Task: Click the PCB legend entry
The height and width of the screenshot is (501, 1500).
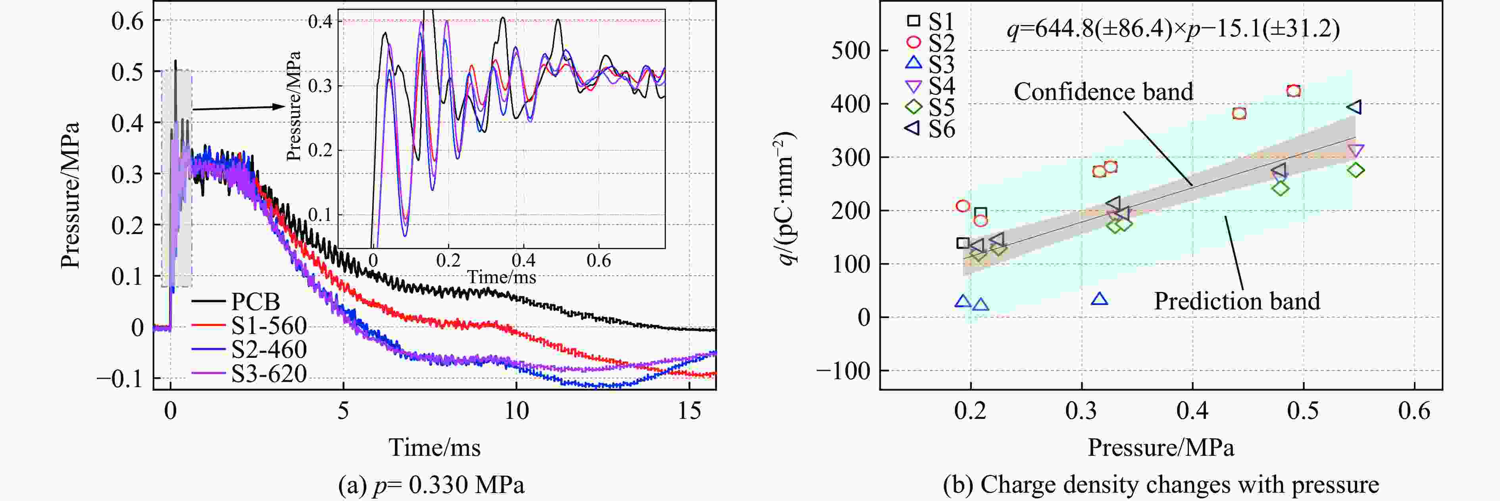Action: click(x=255, y=301)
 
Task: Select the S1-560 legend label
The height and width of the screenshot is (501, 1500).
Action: click(x=268, y=325)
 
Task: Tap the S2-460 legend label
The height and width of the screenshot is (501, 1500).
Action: click(x=268, y=349)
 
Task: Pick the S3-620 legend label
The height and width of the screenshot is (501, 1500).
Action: click(x=268, y=373)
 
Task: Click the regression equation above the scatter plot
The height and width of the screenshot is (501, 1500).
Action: click(x=1173, y=28)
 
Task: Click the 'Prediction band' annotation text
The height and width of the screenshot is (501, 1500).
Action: click(x=1237, y=301)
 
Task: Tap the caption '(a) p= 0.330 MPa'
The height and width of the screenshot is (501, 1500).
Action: click(x=431, y=484)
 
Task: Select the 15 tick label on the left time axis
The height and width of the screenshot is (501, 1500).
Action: click(x=689, y=411)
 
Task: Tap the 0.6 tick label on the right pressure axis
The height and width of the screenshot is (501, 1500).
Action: click(x=1414, y=411)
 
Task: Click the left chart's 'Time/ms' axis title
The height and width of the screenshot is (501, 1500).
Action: click(x=435, y=447)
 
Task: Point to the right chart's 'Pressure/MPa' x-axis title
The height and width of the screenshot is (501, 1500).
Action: click(x=1161, y=447)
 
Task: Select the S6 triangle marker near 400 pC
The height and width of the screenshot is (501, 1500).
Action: click(x=1354, y=107)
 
